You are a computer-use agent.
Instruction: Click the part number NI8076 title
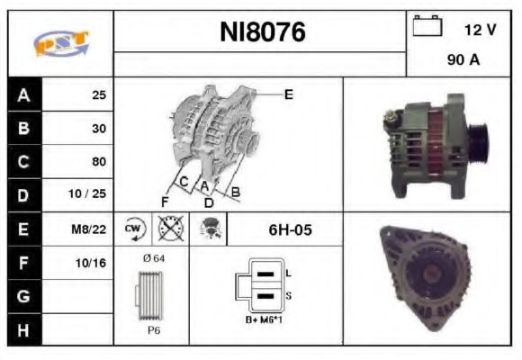coord(263,33)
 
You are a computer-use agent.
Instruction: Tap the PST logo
coord(59,43)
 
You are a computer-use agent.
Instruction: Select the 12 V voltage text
coord(480,30)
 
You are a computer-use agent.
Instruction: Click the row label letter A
coord(23,94)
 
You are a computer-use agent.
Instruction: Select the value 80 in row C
coord(98,162)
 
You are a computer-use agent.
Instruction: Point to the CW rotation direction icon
coord(133,229)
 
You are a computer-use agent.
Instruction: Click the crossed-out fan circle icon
coord(170,229)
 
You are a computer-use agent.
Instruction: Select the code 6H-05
coord(290,229)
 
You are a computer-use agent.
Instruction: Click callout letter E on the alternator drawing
coord(288,94)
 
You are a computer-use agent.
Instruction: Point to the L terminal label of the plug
coord(288,271)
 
